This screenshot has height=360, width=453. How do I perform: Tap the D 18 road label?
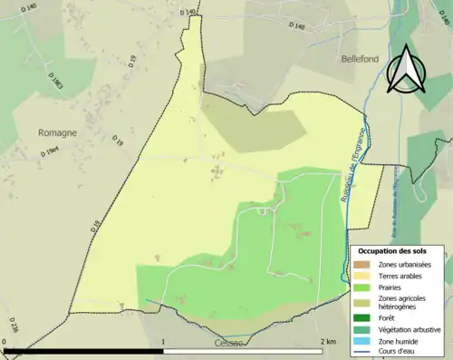pyautogui.click(x=95, y=229)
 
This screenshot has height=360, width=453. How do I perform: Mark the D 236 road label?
pyautogui.click(x=13, y=324)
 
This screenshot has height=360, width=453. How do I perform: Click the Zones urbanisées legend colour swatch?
pyautogui.click(x=362, y=264)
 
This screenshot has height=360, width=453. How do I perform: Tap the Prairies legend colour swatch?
pyautogui.click(x=362, y=287)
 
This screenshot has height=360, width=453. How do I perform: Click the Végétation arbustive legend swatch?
pyautogui.click(x=362, y=329)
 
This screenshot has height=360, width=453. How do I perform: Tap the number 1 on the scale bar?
pyautogui.click(x=163, y=342)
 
